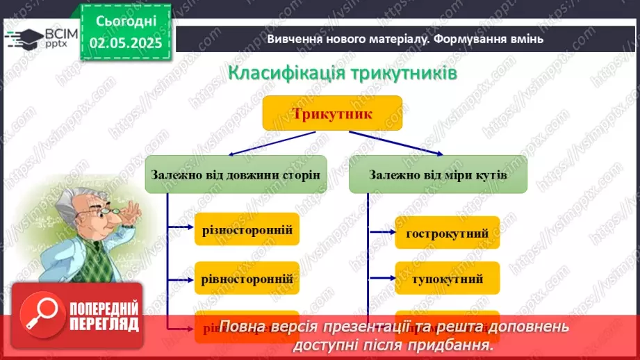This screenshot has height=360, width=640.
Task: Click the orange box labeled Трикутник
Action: pyautogui.click(x=332, y=113)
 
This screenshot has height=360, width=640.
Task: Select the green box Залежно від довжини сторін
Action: pyautogui.click(x=236, y=174)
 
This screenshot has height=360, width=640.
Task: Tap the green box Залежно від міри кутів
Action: pyautogui.click(x=438, y=174)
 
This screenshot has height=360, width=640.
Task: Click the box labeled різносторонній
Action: pyautogui.click(x=247, y=229)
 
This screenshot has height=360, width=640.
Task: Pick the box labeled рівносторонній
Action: pyautogui.click(x=247, y=279)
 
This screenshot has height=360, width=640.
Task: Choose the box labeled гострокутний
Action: pyautogui.click(x=447, y=233)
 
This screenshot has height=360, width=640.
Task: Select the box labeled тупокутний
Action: pyautogui.click(x=447, y=279)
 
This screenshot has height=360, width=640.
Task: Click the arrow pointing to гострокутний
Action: pyautogui.click(x=382, y=233)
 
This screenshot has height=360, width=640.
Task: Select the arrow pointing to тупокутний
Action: pyautogui.click(x=382, y=279)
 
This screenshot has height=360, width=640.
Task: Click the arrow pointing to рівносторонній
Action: pyautogui.click(x=181, y=279)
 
